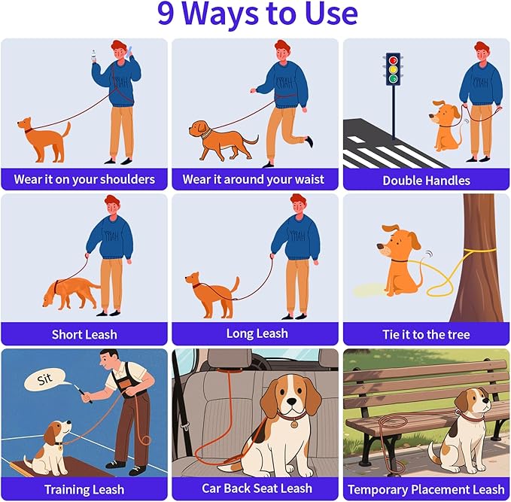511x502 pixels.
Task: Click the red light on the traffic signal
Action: click(x=393, y=59)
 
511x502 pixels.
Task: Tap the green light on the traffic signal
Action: click(x=393, y=79)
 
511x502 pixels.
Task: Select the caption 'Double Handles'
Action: click(x=426, y=180)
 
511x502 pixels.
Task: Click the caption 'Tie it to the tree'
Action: click(x=426, y=334)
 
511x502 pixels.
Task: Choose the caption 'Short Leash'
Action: click(x=84, y=334)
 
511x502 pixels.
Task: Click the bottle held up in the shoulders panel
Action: click(x=94, y=56)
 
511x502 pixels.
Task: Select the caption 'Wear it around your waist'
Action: click(x=254, y=179)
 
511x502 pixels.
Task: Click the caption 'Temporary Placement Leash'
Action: click(x=426, y=489)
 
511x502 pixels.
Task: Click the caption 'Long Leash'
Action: click(x=257, y=333)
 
